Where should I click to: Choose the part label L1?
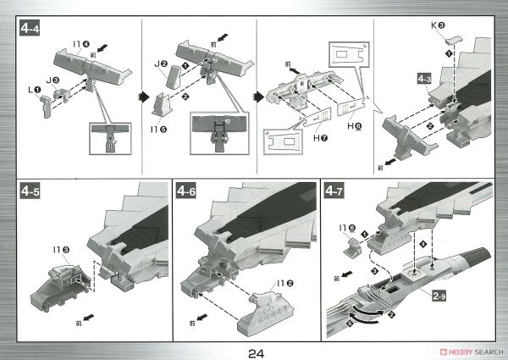(33, 88)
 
